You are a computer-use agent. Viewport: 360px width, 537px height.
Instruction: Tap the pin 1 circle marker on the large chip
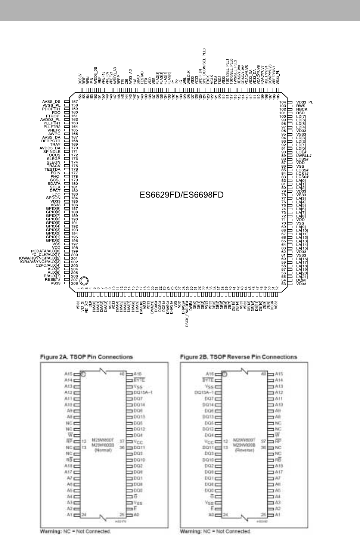point(84,280)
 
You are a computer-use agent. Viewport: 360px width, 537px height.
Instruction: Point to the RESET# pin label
point(53,279)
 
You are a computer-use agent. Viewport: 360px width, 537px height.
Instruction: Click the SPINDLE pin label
point(52,152)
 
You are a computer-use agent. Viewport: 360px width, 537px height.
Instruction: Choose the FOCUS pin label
point(53,155)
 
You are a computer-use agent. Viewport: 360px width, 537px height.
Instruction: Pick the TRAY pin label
point(55,145)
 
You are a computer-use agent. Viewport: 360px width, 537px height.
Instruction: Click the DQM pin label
point(301,280)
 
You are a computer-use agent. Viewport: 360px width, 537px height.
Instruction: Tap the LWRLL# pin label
point(304,155)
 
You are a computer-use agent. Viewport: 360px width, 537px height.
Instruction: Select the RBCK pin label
point(302,109)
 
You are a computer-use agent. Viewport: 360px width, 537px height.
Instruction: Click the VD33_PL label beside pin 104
point(305,102)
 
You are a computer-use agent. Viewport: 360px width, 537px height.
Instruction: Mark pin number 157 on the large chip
point(74,102)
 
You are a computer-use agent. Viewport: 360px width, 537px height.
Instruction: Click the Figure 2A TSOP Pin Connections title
point(87,357)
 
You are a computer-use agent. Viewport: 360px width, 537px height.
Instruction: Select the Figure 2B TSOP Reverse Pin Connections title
point(239,357)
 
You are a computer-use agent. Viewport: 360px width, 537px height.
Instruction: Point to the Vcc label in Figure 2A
point(139,441)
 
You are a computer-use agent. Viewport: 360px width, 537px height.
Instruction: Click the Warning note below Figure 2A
point(76,531)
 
